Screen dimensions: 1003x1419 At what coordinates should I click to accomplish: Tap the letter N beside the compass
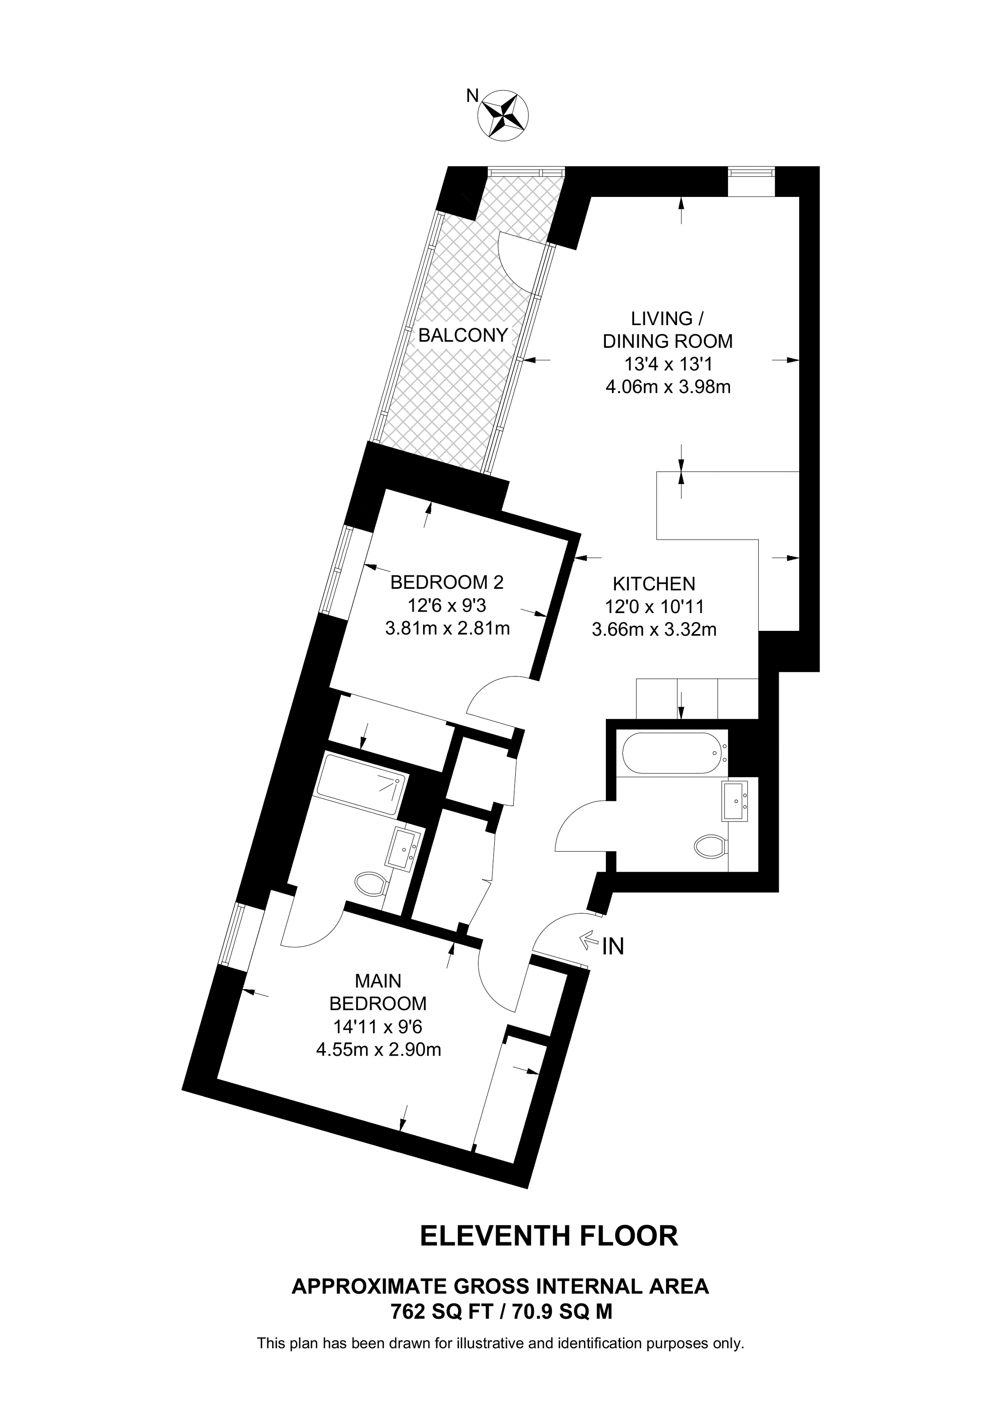(x=473, y=95)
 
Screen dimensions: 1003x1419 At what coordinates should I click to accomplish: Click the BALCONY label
(x=463, y=335)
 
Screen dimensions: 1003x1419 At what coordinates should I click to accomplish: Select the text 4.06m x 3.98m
(x=668, y=387)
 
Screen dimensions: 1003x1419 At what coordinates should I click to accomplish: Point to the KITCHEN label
(x=654, y=583)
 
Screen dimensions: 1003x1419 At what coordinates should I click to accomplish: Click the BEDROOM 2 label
(x=447, y=582)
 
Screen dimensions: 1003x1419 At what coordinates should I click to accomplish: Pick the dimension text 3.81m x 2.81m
(x=447, y=629)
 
